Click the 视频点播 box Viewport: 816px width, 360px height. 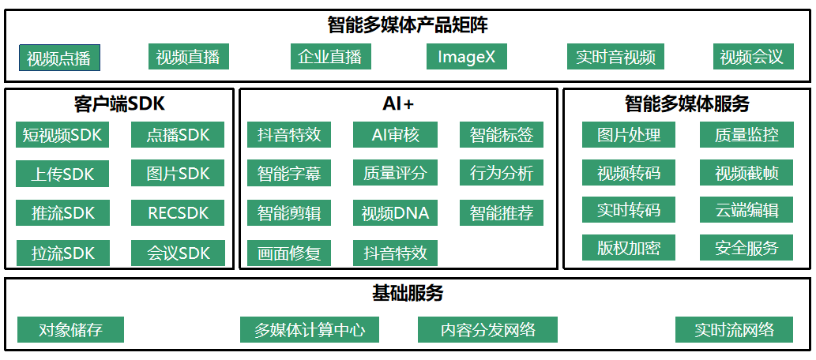click(59, 58)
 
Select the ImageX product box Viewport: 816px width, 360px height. click(467, 57)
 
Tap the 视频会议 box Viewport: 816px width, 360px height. click(753, 57)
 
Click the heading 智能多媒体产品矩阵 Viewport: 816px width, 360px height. click(408, 25)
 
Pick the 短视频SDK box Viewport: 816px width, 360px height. click(62, 135)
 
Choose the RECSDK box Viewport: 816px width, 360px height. click(178, 213)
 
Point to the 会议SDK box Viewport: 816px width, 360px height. click(178, 253)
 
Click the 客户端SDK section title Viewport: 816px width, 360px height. click(119, 104)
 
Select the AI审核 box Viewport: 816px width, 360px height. click(396, 135)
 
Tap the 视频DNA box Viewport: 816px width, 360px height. click(396, 213)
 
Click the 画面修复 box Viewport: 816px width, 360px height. click(289, 253)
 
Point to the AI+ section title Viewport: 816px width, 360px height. click(398, 104)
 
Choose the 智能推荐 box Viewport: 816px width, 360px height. click(502, 213)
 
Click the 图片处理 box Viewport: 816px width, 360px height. click(629, 135)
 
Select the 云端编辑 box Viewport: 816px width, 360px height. click(746, 210)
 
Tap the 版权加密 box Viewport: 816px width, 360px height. click(629, 248)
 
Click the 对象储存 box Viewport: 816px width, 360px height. click(71, 329)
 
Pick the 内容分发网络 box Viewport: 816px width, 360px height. click(487, 329)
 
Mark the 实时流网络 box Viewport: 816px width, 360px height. click(735, 329)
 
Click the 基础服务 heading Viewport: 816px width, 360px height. click(408, 294)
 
